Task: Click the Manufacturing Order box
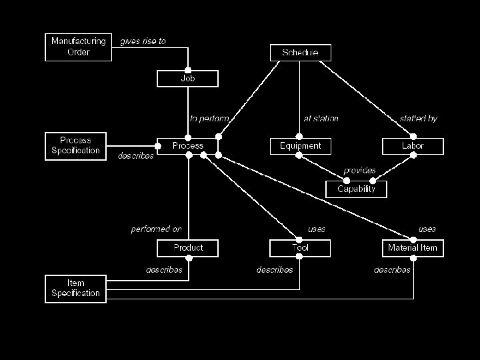click(x=78, y=47)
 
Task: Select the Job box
click(x=188, y=79)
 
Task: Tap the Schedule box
click(x=300, y=53)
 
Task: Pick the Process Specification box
click(x=75, y=145)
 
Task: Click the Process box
click(x=188, y=146)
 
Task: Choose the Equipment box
click(x=300, y=146)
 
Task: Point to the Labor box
click(x=413, y=146)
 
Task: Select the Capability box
click(x=356, y=189)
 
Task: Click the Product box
click(x=188, y=248)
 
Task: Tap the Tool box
click(x=300, y=248)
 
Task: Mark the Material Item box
click(x=413, y=248)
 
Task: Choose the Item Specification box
click(x=75, y=288)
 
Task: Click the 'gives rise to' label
click(x=143, y=41)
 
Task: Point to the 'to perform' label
click(x=209, y=119)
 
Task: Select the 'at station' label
click(x=321, y=119)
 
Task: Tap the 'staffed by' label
click(x=418, y=119)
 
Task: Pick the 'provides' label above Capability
click(x=359, y=171)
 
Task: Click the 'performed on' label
click(x=156, y=229)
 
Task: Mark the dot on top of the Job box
click(x=188, y=71)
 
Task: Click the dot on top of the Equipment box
click(x=300, y=137)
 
